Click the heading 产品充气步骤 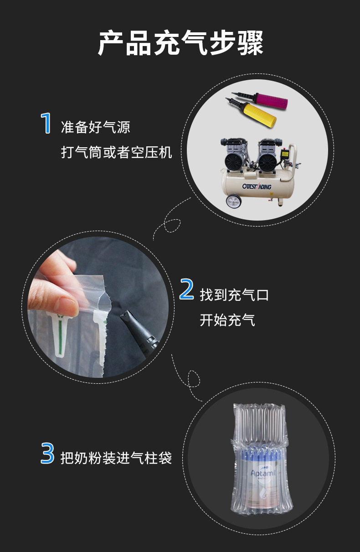[x=180, y=43]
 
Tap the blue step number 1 [x=46, y=123]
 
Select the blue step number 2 [x=186, y=289]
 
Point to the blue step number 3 [x=47, y=454]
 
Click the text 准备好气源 [x=95, y=127]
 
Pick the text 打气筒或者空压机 [x=116, y=152]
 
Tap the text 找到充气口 [x=234, y=295]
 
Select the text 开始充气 [x=227, y=320]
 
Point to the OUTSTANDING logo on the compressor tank [x=257, y=186]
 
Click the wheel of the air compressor [x=233, y=201]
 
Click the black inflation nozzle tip [x=126, y=316]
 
